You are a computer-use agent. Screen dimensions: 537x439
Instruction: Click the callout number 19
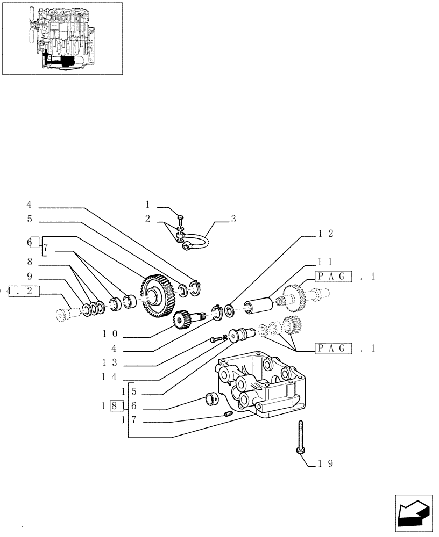(326, 463)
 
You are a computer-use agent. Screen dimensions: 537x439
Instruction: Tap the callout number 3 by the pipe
(233, 219)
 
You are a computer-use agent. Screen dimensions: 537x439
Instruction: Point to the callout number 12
(325, 234)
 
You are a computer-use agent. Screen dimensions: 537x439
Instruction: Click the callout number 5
(29, 219)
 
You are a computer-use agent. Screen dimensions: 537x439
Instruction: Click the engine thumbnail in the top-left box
(62, 38)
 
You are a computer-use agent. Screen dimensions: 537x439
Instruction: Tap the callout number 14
(110, 377)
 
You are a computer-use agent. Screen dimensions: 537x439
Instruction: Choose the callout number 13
(110, 363)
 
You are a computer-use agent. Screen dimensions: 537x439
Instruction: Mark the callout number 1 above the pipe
(147, 205)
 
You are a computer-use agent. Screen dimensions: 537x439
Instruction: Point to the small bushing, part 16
(211, 400)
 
